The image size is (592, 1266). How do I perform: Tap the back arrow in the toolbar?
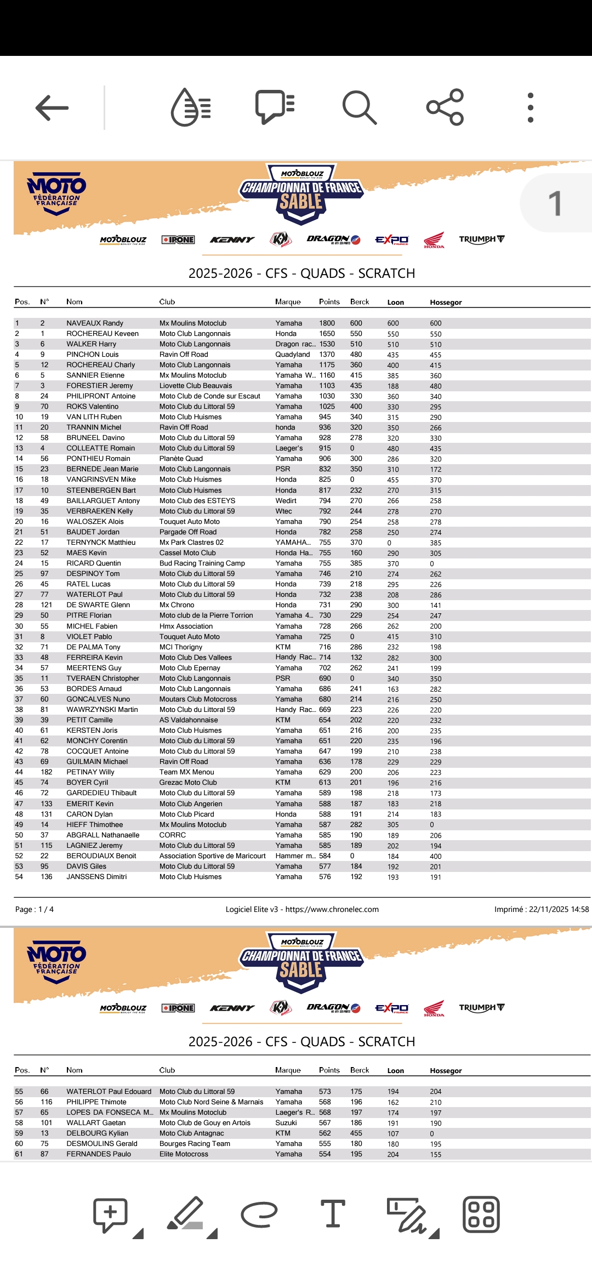pos(52,107)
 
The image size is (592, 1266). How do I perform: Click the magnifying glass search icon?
pos(359,107)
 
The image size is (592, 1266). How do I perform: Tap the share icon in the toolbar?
pos(445,107)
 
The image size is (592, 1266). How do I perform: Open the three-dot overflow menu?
pos(530,107)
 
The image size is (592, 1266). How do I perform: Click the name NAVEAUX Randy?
pos(95,323)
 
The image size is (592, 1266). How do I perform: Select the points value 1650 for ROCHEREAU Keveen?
pos(327,334)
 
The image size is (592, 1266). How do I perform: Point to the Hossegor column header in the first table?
pos(446,303)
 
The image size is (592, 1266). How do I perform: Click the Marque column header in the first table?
pos(288,302)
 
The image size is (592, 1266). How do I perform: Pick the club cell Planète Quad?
pos(181,459)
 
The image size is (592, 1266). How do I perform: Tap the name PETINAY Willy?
pos(90,772)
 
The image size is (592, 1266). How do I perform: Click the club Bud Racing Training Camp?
pos(202,563)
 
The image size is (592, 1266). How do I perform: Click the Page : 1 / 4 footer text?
pos(35,910)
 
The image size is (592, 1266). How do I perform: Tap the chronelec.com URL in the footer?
pos(332,910)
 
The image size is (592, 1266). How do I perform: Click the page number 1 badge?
pos(555,203)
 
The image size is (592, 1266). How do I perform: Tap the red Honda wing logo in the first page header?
pos(434,240)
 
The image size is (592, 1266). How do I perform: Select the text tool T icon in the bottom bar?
pos(333,1214)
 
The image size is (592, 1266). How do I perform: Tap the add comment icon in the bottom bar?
pos(111,1214)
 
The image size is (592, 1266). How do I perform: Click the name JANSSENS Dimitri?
pos(96,877)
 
